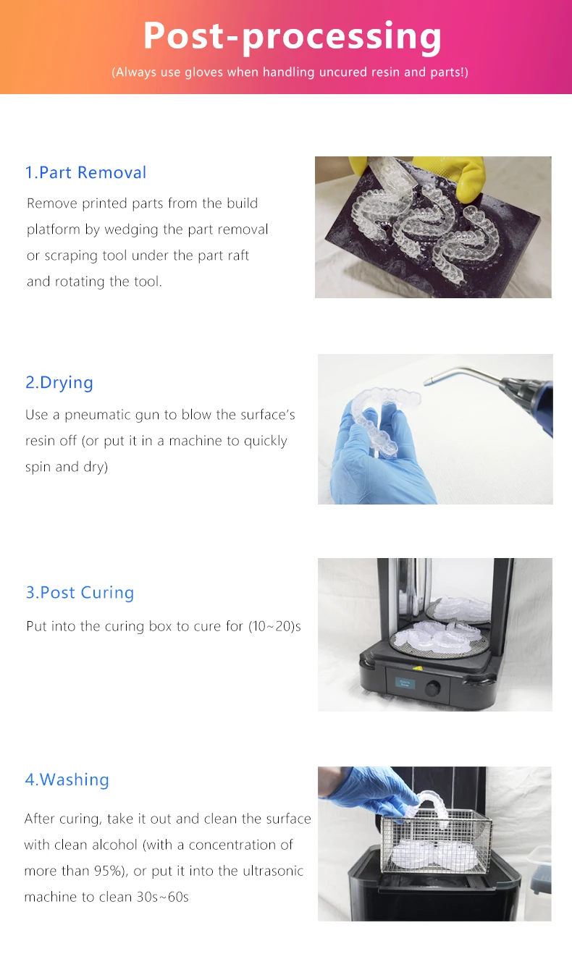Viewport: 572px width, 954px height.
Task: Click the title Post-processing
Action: click(x=293, y=37)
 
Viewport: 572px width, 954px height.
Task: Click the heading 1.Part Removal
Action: click(x=85, y=172)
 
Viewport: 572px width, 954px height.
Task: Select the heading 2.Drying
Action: click(x=59, y=382)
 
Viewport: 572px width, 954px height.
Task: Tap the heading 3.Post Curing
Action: click(x=80, y=592)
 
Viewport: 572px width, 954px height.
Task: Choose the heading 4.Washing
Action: click(x=67, y=780)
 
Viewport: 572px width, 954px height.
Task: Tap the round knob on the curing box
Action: click(x=433, y=688)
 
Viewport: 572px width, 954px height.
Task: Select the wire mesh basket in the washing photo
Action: click(x=436, y=842)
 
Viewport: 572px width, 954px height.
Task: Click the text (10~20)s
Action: click(x=274, y=626)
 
